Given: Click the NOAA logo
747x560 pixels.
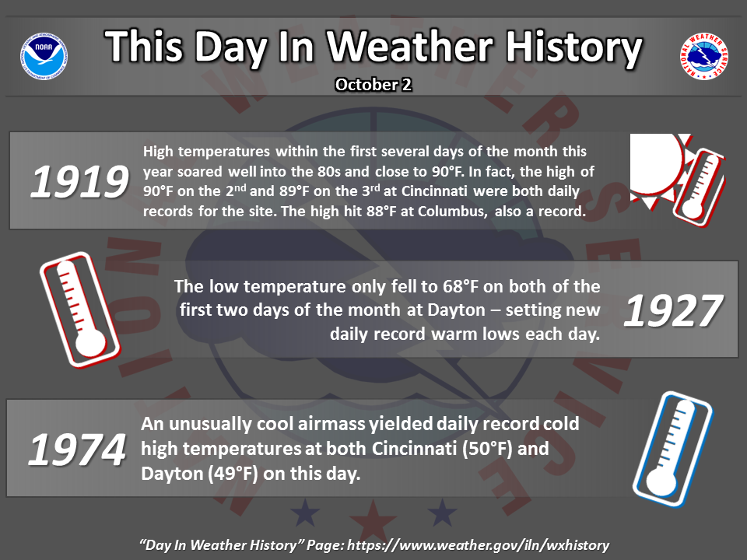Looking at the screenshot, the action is click(x=44, y=56).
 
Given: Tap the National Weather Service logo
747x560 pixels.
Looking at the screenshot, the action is click(x=703, y=56).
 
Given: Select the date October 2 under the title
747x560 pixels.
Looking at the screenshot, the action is click(x=373, y=85).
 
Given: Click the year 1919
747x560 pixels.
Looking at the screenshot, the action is click(x=79, y=181).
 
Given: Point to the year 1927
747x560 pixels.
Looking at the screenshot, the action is click(x=673, y=311).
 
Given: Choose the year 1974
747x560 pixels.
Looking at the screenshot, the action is click(x=77, y=450).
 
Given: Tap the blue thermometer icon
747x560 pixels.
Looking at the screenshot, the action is click(x=672, y=449).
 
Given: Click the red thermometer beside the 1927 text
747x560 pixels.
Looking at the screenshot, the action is click(x=80, y=310).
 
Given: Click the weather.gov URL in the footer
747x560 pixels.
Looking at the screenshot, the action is click(x=478, y=545).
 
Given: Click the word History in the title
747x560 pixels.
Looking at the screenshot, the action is click(x=574, y=47).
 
